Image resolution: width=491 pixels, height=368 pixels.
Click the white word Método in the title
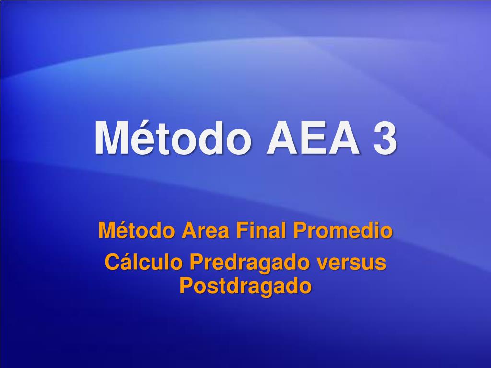(x=173, y=138)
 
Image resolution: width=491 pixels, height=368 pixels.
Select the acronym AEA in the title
(x=313, y=138)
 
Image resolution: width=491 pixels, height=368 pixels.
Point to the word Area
(x=205, y=230)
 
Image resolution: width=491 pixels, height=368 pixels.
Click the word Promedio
(x=343, y=230)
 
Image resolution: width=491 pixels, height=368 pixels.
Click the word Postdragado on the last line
(x=245, y=286)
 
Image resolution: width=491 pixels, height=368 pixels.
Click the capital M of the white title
(x=112, y=138)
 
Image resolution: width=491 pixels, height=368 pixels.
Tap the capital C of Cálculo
(x=113, y=262)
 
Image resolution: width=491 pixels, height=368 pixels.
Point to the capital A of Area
(x=190, y=230)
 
